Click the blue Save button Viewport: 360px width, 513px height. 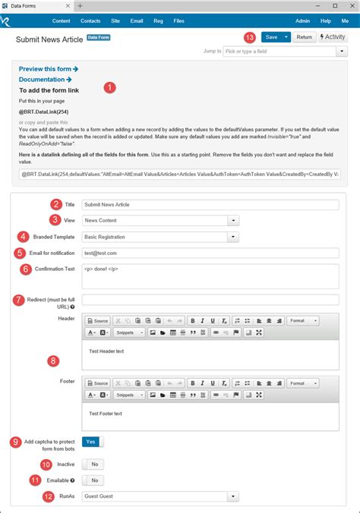(x=270, y=36)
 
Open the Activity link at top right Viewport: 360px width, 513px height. (x=333, y=36)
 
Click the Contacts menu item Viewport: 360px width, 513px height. (x=90, y=21)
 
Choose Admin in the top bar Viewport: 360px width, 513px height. (x=302, y=21)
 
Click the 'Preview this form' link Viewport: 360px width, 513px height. (x=48, y=69)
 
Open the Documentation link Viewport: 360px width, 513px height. (x=45, y=79)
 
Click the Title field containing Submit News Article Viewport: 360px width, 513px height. (x=210, y=204)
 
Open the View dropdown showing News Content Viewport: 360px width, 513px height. (x=160, y=220)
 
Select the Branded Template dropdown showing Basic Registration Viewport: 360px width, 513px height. (x=160, y=237)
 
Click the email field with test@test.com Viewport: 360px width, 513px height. (x=210, y=253)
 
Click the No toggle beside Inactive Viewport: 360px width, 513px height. (x=93, y=464)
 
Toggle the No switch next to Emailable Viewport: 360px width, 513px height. (x=93, y=480)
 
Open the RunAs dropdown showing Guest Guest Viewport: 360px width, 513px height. (x=160, y=496)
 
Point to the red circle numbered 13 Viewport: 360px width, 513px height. (x=250, y=36)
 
